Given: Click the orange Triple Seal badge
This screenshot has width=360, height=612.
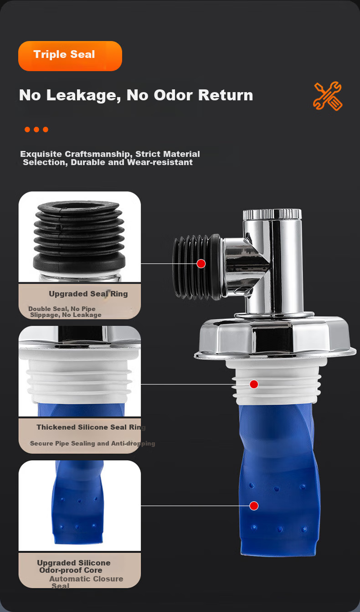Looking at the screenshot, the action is (70, 56).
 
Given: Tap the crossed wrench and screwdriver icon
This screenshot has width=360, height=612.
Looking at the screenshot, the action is (328, 96).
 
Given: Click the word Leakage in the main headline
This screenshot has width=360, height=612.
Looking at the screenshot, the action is (84, 96).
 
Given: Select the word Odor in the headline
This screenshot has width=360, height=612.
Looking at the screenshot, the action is (173, 95).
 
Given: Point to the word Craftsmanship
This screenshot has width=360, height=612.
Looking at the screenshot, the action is (98, 154).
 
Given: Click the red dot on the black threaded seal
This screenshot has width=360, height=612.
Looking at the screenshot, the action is (201, 264).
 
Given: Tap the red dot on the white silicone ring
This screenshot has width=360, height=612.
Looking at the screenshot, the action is (254, 384).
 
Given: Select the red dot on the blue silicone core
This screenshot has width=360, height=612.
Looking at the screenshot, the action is (254, 506).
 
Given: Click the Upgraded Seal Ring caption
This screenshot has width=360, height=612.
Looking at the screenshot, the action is (88, 294).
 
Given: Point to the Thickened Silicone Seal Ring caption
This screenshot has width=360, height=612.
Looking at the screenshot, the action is (91, 427).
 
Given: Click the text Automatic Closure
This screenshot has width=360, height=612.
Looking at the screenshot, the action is (86, 579).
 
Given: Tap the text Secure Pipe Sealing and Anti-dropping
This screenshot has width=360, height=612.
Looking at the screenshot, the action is (92, 443).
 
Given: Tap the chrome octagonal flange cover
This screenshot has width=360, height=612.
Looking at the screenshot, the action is (275, 337).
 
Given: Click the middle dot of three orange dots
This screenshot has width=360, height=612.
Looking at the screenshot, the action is (36, 130).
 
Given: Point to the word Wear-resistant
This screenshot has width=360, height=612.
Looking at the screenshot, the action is (159, 162).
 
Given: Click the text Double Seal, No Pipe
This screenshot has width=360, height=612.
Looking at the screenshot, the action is (62, 309).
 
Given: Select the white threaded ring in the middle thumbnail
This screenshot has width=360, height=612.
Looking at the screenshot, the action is (79, 380).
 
